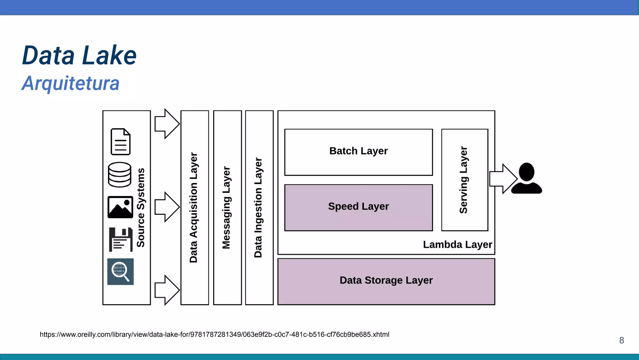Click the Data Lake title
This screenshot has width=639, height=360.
79,56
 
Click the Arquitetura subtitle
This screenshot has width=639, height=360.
71,83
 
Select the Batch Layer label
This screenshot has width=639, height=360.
359,151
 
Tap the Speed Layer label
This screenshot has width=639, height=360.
359,206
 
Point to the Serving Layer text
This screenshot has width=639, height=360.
464,180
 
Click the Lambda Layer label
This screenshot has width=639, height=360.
457,244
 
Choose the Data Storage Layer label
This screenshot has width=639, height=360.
386,280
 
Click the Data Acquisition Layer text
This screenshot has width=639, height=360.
194,208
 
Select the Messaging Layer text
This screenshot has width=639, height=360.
226,208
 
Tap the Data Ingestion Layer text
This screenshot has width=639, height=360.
258,208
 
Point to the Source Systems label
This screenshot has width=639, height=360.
141,208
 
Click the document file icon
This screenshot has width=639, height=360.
120,142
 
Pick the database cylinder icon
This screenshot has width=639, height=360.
120,175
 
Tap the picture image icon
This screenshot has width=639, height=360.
120,207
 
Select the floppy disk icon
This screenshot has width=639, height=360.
121,239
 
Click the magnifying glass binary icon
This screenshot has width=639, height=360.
120,271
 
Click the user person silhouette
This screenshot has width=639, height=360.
526,179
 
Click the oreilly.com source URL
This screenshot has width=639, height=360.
214,335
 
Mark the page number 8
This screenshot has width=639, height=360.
622,340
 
